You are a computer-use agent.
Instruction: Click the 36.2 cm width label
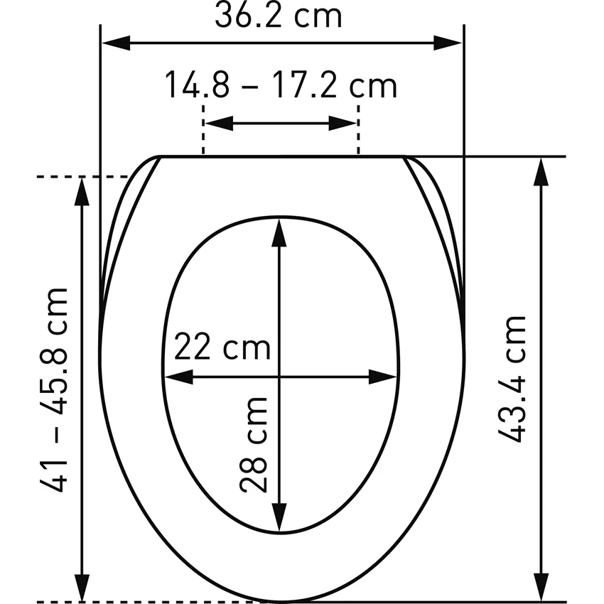point(278,16)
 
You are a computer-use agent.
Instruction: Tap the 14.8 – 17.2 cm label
point(281,85)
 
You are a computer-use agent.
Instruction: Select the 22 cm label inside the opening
point(222,346)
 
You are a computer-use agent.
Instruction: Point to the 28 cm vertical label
point(254,445)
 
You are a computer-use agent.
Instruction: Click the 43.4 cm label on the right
point(512,379)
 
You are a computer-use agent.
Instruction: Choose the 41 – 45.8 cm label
point(54,390)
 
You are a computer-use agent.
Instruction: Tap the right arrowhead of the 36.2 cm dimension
point(448,43)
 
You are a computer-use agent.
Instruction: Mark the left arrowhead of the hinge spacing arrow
point(219,123)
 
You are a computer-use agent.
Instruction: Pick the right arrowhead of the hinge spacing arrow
point(343,123)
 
